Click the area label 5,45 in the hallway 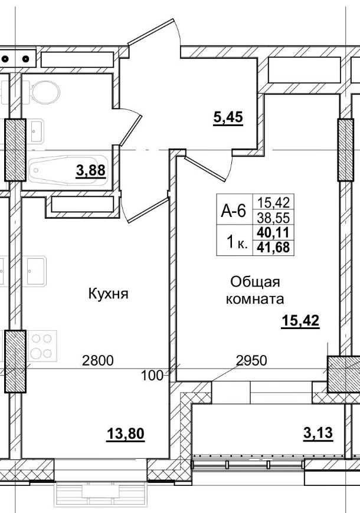(228, 117)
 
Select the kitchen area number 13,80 (125, 435)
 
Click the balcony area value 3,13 (318, 433)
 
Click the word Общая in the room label (254, 281)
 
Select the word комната (255, 299)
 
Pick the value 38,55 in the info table (274, 216)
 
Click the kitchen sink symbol (37, 269)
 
